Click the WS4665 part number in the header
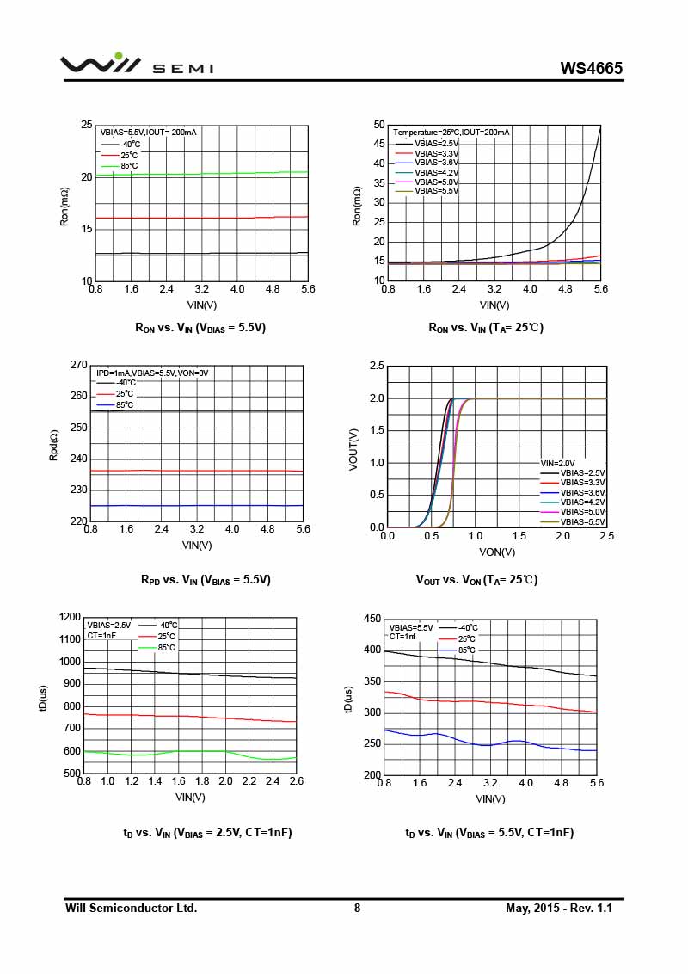pos(591,68)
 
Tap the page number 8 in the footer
pos(357,908)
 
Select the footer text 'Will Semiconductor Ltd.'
pos(132,908)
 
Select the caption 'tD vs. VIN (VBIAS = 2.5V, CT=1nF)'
pos(207,832)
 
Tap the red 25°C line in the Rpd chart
pos(198,471)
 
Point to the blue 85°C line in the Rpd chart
pos(198,506)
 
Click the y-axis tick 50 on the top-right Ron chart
pos(378,125)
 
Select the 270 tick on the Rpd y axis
pos(78,365)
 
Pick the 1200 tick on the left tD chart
pos(69,617)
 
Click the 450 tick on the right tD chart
pos(372,619)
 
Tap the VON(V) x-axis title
pos(497,552)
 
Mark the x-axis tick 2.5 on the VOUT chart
pos(606,536)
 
